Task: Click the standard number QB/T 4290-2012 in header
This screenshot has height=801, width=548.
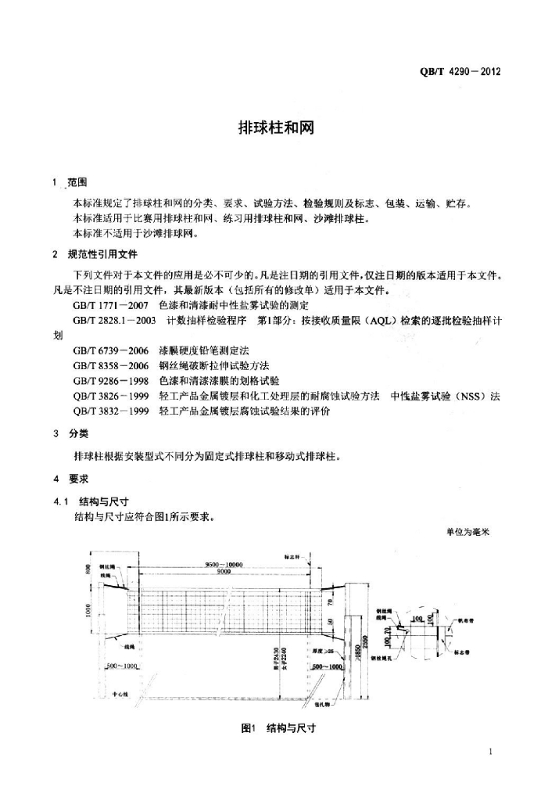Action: click(460, 72)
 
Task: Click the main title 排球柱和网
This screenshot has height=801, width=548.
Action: click(275, 128)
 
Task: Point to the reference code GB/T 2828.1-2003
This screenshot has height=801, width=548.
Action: click(115, 320)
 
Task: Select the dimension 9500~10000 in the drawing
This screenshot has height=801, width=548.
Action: click(224, 564)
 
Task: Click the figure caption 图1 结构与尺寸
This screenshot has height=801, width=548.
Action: click(278, 727)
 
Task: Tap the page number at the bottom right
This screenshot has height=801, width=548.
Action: click(489, 753)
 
